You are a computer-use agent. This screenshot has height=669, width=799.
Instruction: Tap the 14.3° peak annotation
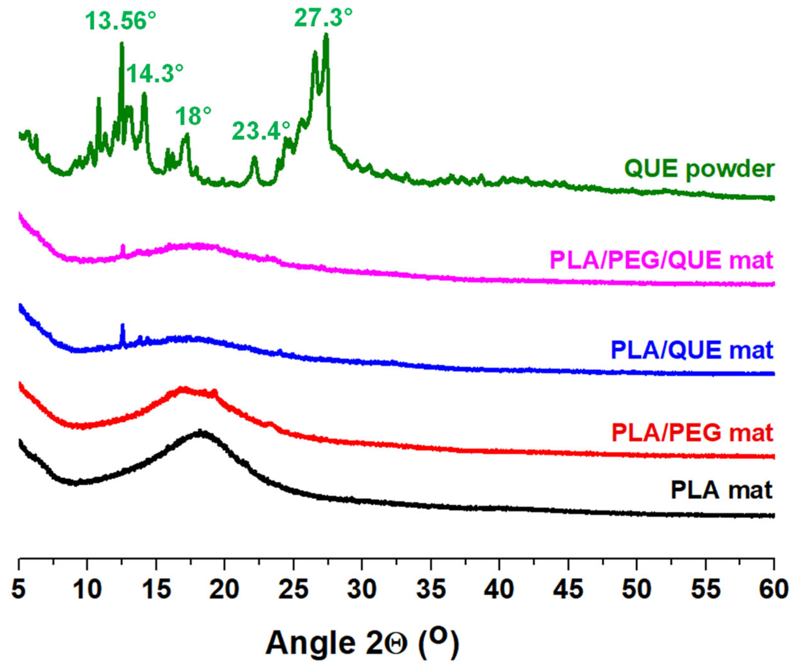tap(155, 73)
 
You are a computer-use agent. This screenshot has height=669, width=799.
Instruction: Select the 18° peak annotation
tap(193, 116)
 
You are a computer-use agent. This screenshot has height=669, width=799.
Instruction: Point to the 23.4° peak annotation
tap(261, 131)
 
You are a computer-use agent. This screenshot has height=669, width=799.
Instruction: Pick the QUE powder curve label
tap(699, 169)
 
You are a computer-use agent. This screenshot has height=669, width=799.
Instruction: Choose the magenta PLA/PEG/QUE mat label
tap(662, 260)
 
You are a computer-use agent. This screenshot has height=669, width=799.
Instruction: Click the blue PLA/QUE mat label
tap(692, 350)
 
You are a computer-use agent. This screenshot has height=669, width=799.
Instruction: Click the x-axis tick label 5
tap(19, 590)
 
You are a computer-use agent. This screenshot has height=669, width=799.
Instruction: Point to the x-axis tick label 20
tap(225, 590)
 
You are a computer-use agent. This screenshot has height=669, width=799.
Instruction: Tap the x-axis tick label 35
tap(432, 590)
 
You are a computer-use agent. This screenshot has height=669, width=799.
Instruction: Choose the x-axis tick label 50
tap(637, 590)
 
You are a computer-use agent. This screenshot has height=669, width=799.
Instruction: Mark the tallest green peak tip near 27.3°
tap(326, 35)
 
